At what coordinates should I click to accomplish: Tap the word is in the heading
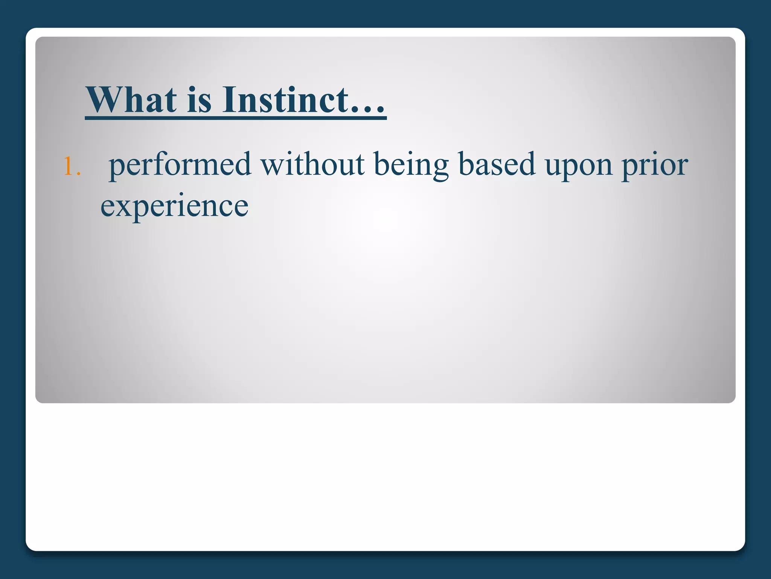click(x=199, y=100)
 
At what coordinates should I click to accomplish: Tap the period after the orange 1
click(x=78, y=174)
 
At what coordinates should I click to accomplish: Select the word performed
click(x=180, y=165)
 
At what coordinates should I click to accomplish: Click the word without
click(x=312, y=165)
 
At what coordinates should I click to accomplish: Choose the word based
click(x=497, y=165)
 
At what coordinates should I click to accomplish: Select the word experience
click(x=174, y=207)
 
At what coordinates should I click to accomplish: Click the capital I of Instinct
click(x=229, y=100)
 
